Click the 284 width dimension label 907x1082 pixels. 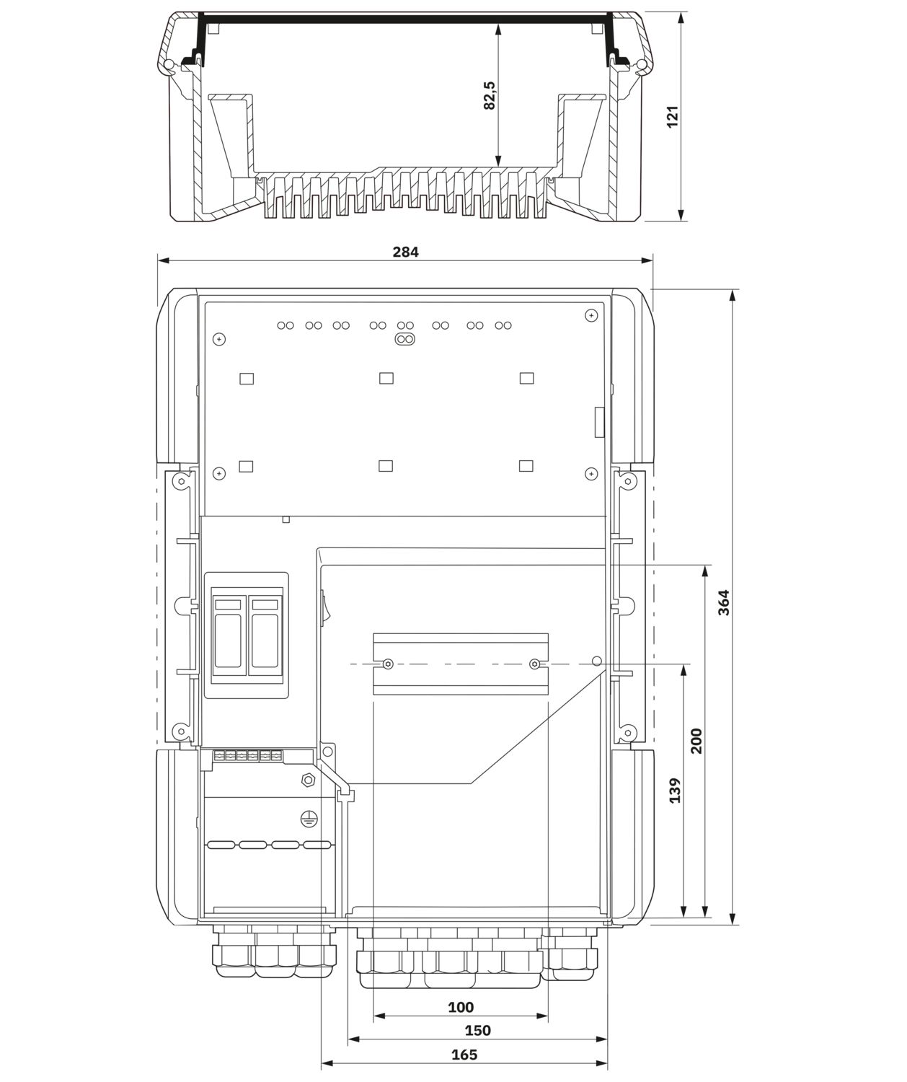[405, 252]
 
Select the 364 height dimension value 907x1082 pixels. [724, 602]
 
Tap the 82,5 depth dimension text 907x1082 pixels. [490, 95]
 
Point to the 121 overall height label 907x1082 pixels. [672, 117]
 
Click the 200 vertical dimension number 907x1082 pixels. [696, 741]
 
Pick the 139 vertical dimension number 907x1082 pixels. [675, 791]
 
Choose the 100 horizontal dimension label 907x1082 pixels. [461, 1007]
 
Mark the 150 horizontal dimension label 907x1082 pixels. [477, 1030]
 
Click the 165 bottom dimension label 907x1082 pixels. [464, 1055]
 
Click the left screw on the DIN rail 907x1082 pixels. [388, 664]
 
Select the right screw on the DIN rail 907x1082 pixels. [534, 664]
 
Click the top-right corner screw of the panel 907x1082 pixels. [590, 316]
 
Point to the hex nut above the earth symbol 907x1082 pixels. [307, 780]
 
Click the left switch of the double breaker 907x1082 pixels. [229, 633]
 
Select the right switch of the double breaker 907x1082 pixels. [264, 633]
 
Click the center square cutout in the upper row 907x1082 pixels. [386, 378]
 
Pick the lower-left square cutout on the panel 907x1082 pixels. [246, 466]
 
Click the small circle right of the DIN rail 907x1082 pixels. [596, 661]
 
